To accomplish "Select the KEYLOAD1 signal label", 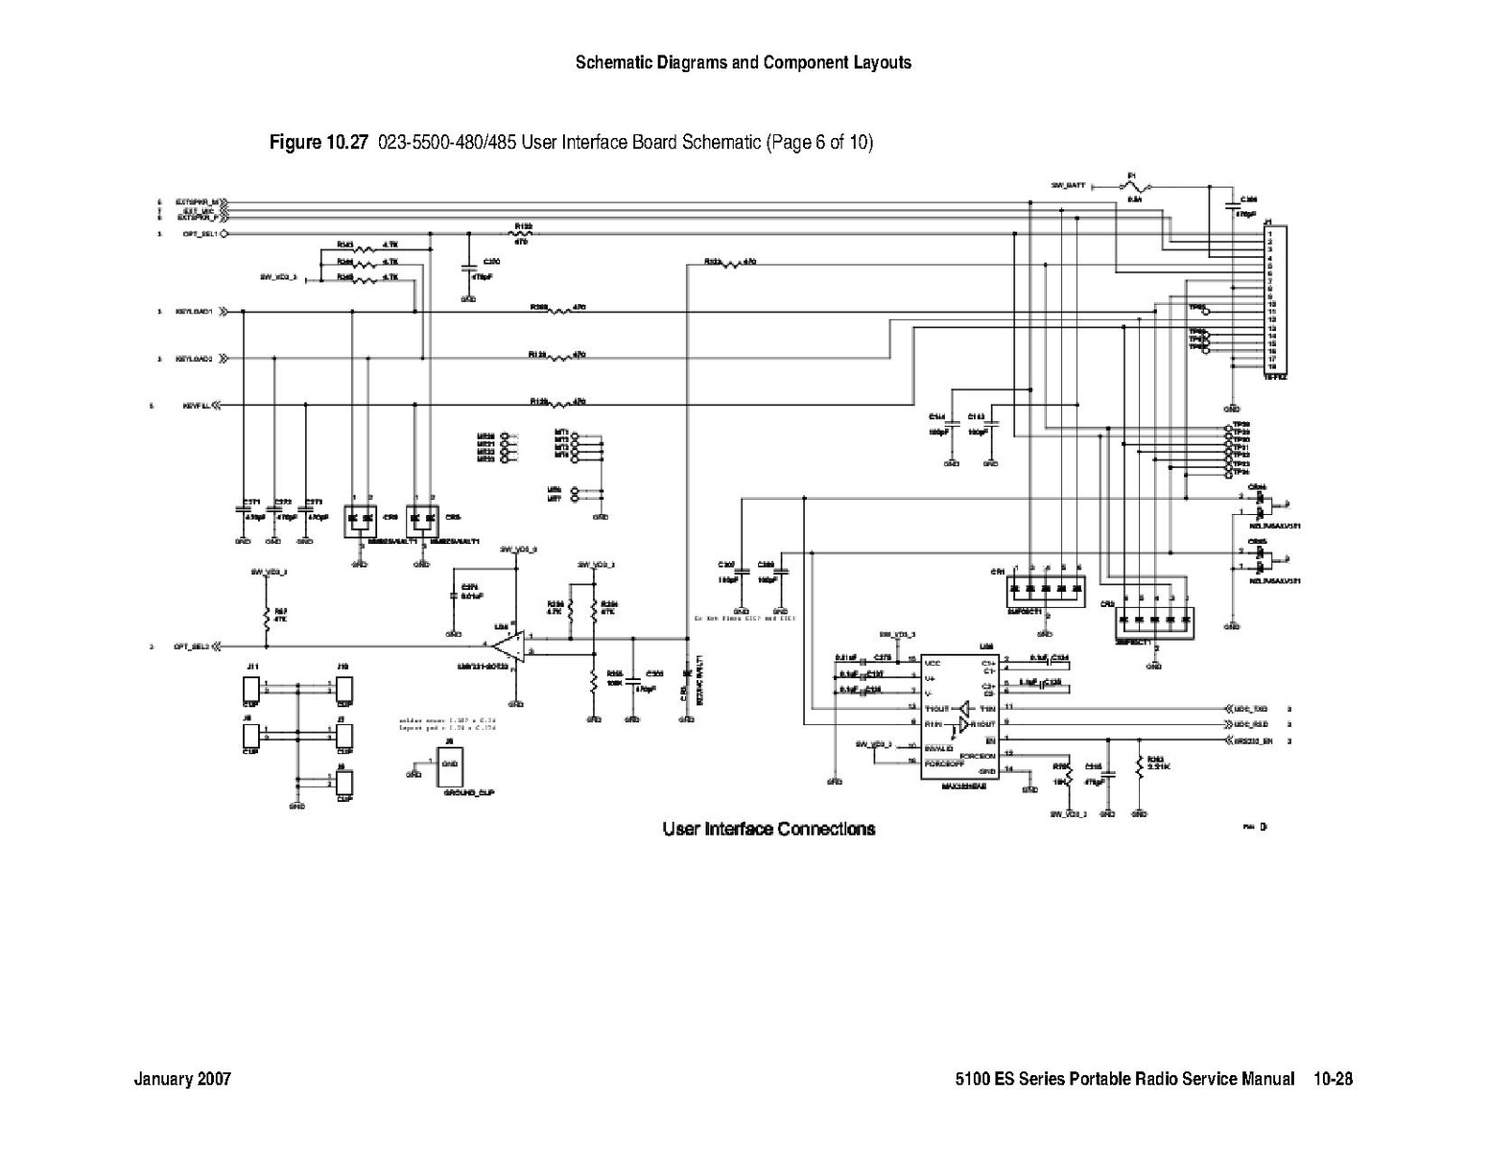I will pos(194,312).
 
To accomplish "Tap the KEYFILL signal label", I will pos(196,406).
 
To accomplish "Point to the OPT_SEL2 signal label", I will pos(190,646).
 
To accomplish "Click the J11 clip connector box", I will pos(250,691).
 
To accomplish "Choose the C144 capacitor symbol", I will pos(953,424).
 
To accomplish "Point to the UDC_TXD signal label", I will pos(1251,708).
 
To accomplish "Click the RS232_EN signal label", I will pos(1253,741).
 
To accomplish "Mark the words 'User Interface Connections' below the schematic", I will pos(768,829).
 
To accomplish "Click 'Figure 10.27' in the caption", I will pos(319,143).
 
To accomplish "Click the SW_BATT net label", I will pos(1068,185).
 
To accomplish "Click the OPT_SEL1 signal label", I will pos(195,233).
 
